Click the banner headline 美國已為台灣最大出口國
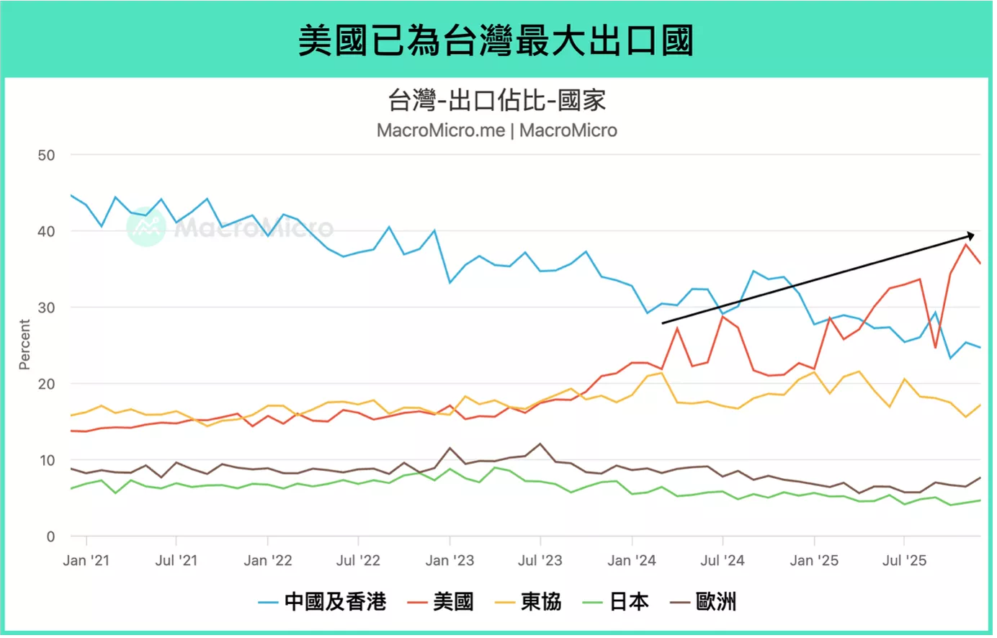(496, 40)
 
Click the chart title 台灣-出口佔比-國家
(497, 101)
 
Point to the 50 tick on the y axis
(46, 155)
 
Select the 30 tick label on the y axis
(46, 307)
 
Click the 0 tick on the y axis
(50, 536)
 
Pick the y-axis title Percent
(24, 344)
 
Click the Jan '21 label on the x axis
(86, 560)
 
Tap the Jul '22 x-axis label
(358, 560)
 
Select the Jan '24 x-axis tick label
(632, 560)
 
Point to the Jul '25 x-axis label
(904, 560)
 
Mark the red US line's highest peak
(966, 244)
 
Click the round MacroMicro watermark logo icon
(146, 227)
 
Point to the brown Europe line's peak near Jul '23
(540, 444)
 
